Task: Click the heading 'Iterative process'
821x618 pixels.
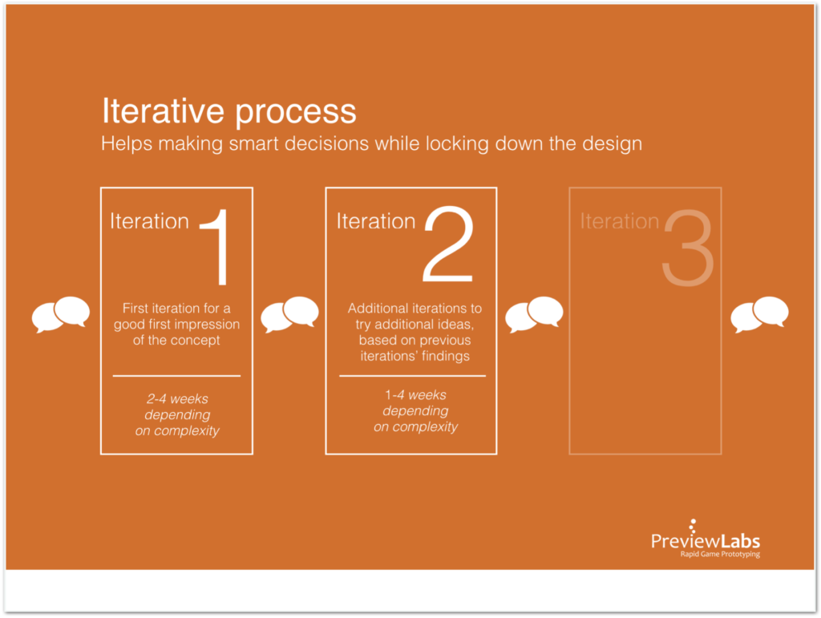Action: click(x=229, y=111)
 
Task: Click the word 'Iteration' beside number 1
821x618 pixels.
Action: click(x=149, y=221)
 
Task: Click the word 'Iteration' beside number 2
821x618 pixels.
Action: click(x=375, y=221)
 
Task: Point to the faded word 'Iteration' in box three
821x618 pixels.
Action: click(x=619, y=221)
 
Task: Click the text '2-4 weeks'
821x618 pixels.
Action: click(x=176, y=399)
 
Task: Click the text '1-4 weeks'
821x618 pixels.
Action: click(x=415, y=395)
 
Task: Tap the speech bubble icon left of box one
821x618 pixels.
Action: click(x=61, y=314)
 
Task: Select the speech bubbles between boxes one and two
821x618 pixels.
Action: click(x=289, y=314)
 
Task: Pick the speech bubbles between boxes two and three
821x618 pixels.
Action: click(x=534, y=314)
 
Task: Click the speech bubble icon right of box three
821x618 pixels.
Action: click(x=759, y=314)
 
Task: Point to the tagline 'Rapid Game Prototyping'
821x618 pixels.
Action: click(x=714, y=555)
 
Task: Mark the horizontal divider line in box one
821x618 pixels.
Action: click(x=176, y=375)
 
